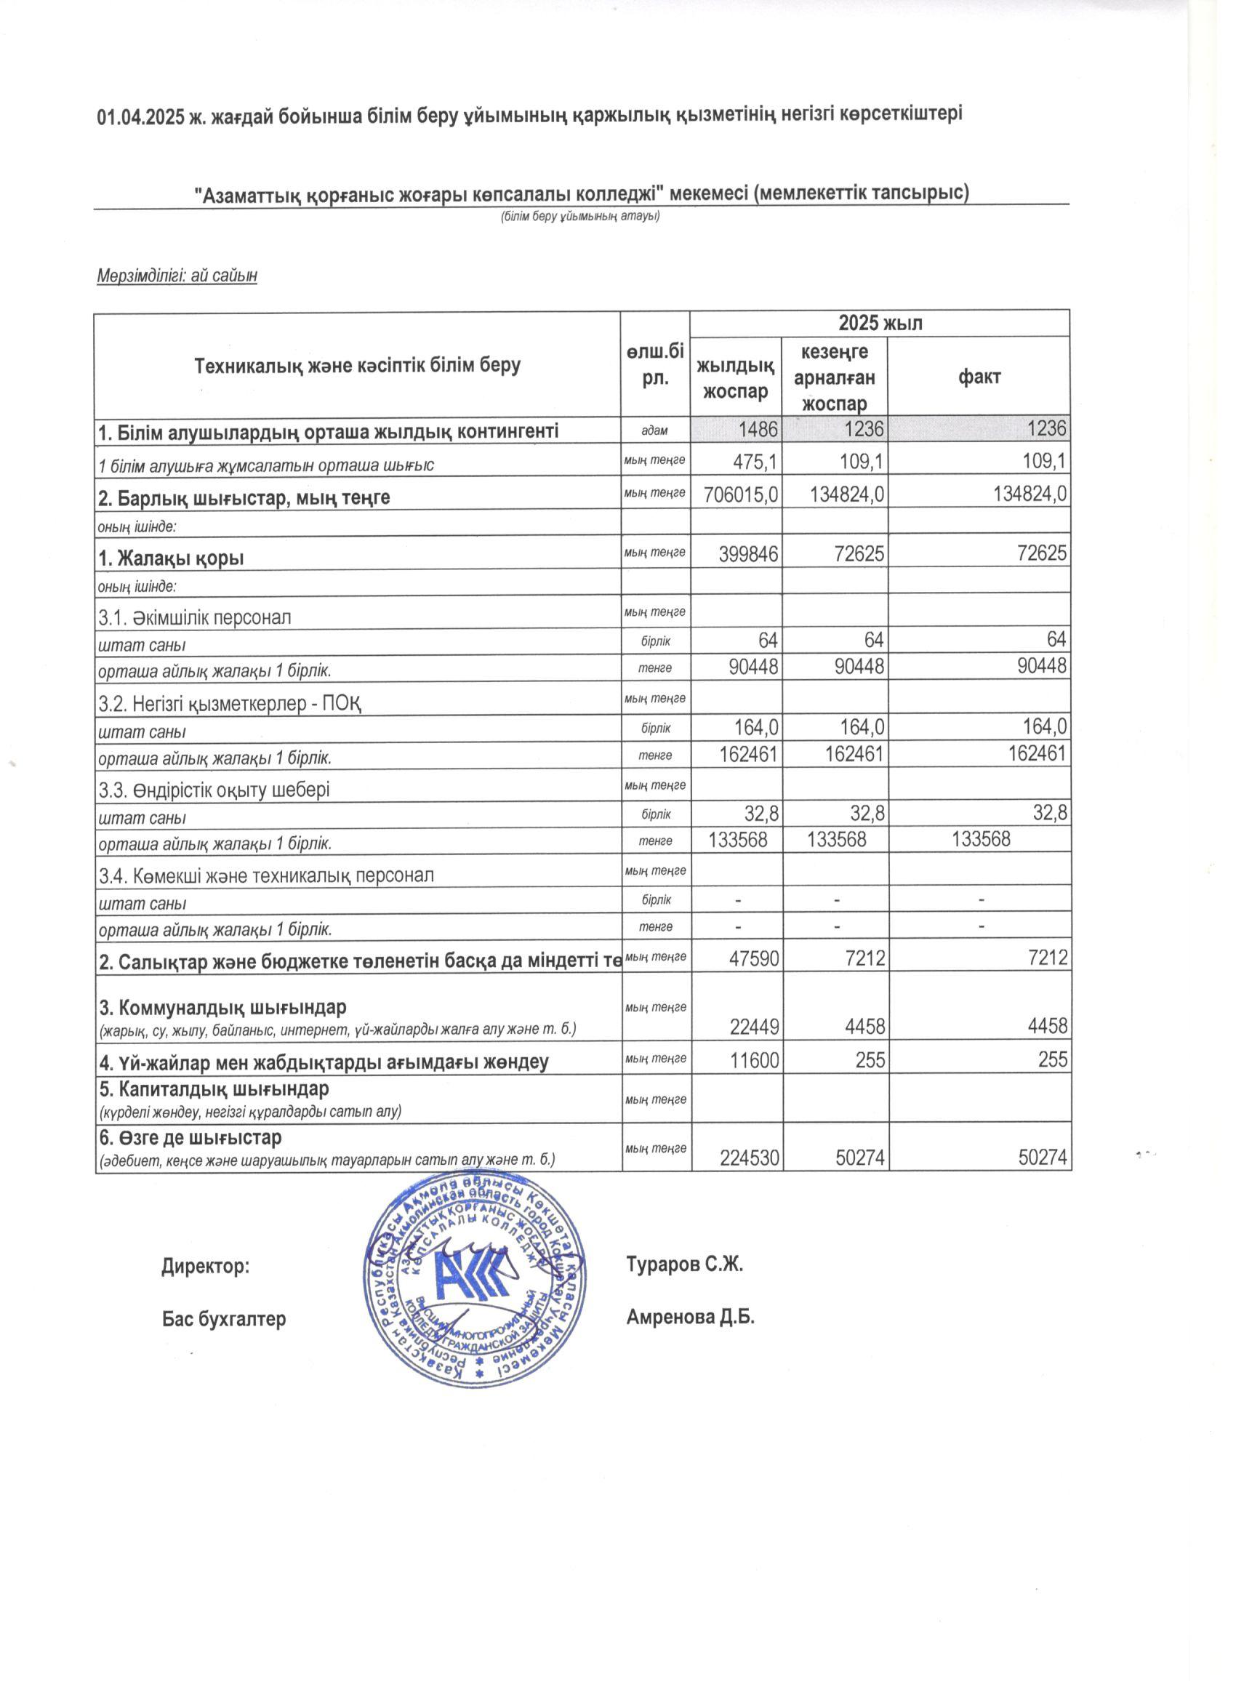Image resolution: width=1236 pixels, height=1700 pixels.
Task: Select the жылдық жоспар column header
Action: (x=734, y=377)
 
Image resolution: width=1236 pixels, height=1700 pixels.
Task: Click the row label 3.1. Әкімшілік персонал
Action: (x=195, y=617)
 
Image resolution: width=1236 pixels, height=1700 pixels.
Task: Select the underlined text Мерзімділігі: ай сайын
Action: (x=177, y=276)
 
